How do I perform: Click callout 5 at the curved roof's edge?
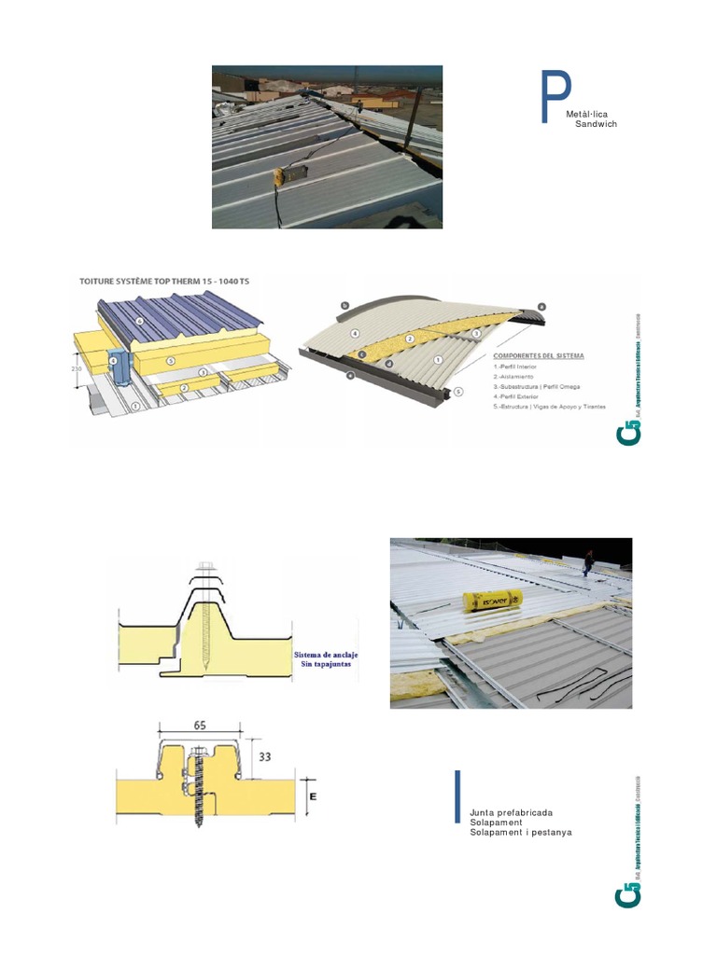tap(457, 392)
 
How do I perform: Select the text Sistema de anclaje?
tap(327, 655)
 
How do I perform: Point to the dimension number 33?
tap(264, 757)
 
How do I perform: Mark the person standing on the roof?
tap(588, 560)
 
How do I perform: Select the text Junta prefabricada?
tap(512, 813)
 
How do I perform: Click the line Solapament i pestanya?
tap(521, 832)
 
